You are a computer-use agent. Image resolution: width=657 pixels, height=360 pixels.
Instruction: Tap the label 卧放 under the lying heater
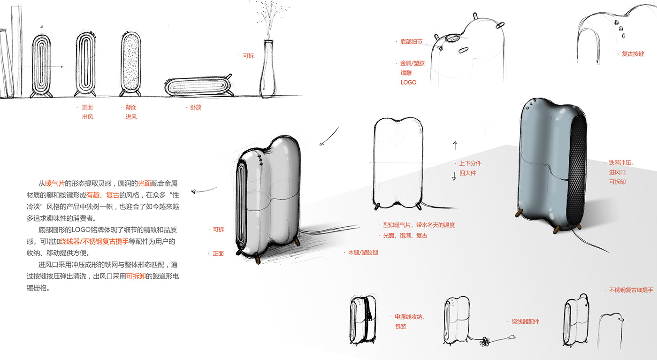pos(196,107)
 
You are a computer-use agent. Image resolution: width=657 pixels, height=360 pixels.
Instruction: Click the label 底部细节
pos(411,42)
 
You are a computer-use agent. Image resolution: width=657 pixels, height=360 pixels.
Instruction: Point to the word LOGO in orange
pos(408,82)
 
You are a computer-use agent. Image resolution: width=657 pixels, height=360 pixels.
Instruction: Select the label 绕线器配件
pos(525,322)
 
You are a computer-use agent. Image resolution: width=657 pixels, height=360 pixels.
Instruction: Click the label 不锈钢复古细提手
pos(631,290)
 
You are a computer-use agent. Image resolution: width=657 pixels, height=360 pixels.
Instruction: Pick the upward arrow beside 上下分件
pos(455,145)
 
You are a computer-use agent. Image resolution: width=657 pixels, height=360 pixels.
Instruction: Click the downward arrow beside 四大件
pos(454,176)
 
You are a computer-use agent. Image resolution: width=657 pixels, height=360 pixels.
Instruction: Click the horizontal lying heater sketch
pos(197,87)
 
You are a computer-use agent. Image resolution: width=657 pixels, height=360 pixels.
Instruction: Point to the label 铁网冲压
pos(621,162)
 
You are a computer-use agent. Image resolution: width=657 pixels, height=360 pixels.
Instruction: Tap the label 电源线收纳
pos(410,317)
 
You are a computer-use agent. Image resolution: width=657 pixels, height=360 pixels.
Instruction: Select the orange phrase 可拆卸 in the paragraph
pos(136,276)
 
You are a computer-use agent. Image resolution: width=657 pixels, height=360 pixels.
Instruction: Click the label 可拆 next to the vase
pos(248,56)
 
